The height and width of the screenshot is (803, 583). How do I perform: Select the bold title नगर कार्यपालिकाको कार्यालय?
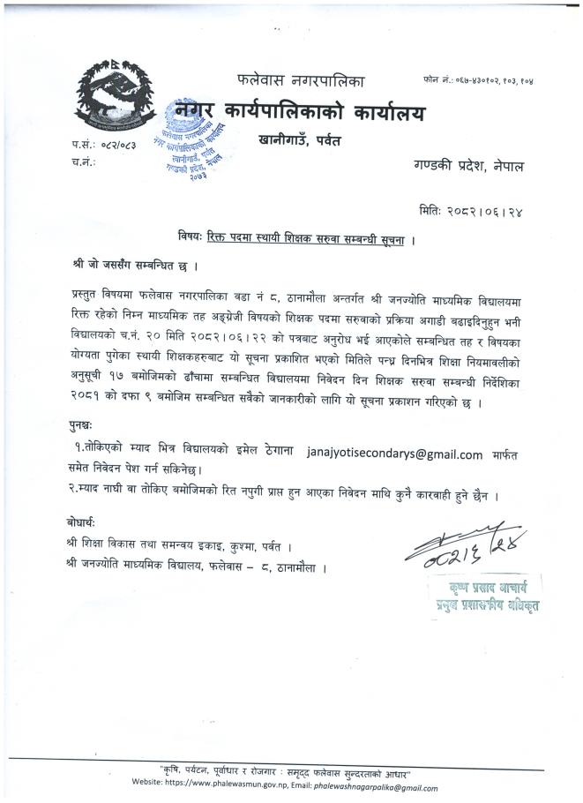point(300,114)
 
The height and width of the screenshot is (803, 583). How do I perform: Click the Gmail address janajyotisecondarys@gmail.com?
point(394,455)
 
